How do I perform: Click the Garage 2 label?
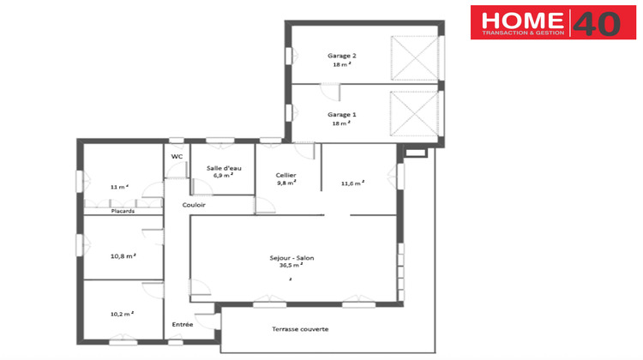[341, 56]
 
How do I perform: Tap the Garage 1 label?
[341, 114]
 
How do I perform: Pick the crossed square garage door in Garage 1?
[412, 112]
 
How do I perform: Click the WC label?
[177, 157]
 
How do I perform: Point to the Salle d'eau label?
[224, 168]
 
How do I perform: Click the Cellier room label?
[286, 175]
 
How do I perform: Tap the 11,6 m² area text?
[353, 183]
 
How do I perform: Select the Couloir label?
[194, 205]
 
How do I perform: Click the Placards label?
[99, 210]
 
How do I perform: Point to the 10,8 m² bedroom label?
[123, 255]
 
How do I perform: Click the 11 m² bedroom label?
[118, 186]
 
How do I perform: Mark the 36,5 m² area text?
[291, 266]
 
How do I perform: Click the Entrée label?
[182, 324]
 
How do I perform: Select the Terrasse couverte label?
[300, 329]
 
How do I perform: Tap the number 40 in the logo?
[595, 23]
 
